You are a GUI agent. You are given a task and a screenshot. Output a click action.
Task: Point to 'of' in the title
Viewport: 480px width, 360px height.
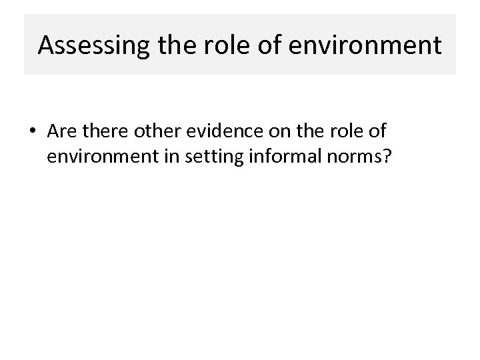(269, 45)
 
